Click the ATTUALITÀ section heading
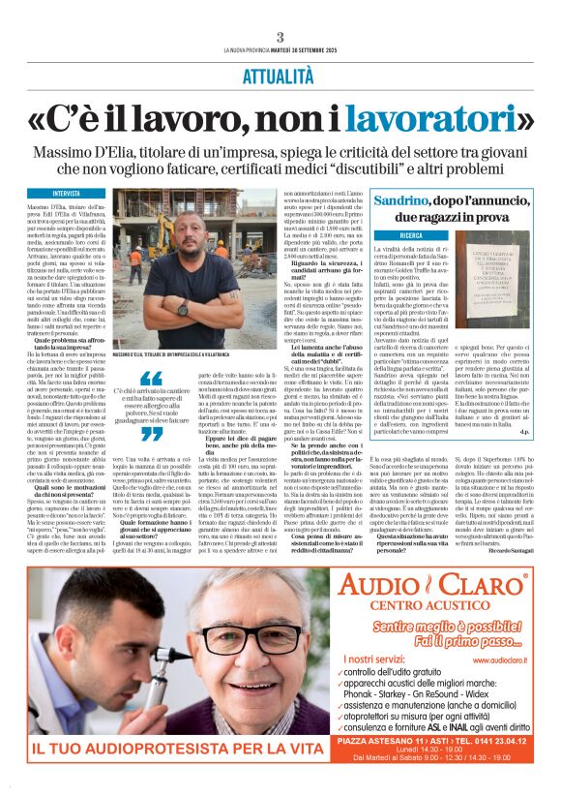(x=280, y=74)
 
